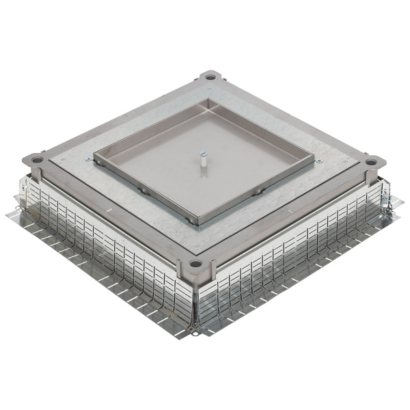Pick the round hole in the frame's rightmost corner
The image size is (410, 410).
(x=370, y=163)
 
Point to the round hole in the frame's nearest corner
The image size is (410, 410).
(x=196, y=264)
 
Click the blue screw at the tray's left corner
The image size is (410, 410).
(x=90, y=161)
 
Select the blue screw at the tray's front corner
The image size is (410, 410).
(x=197, y=233)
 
